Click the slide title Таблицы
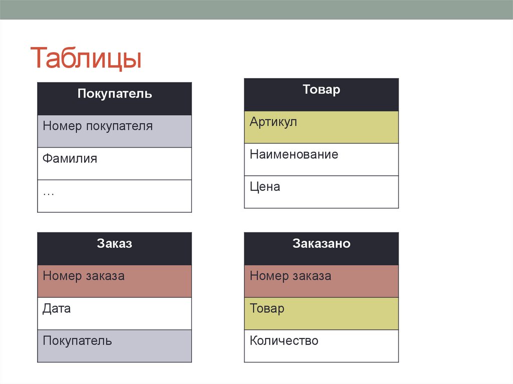coord(86,59)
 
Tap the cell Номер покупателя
coord(114,131)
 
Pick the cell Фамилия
coord(114,164)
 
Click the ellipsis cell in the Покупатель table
coord(114,196)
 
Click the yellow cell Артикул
coord(321,127)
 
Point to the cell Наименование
coord(321,160)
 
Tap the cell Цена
coord(321,192)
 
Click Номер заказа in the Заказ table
coord(114,281)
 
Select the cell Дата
coord(114,313)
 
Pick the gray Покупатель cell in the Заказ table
coord(114,346)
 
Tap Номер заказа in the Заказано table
coord(321,281)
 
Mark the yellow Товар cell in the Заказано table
coord(321,313)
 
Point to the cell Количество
coord(321,346)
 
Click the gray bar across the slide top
coord(256,10)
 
